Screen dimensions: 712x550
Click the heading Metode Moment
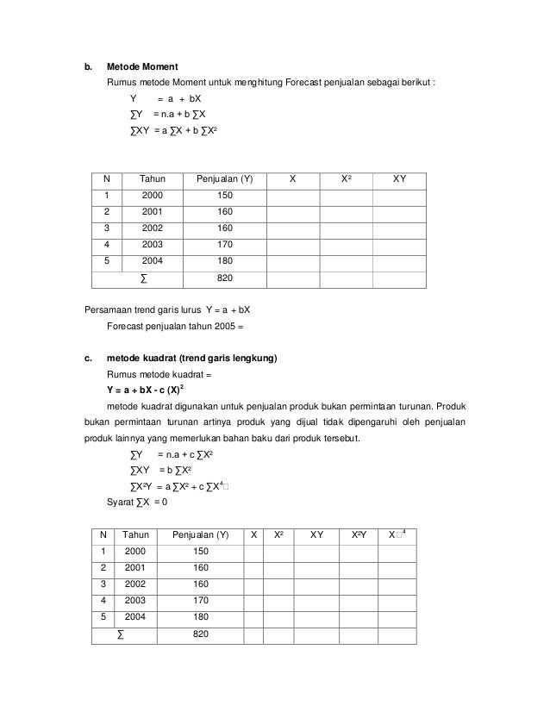click(x=143, y=66)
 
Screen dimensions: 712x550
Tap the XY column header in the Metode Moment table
click(x=399, y=179)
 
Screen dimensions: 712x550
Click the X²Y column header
click(x=359, y=534)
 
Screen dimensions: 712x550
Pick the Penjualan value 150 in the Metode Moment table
click(x=224, y=196)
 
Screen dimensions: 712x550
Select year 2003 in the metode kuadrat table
click(x=135, y=601)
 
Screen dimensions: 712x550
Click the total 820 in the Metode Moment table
click(x=224, y=278)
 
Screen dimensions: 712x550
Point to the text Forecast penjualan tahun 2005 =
click(x=176, y=327)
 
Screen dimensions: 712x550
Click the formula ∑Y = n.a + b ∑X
click(x=167, y=115)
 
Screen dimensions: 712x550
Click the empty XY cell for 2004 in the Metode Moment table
click(x=399, y=261)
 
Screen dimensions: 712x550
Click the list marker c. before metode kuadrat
click(x=87, y=357)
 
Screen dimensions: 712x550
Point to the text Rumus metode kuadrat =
click(x=159, y=374)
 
